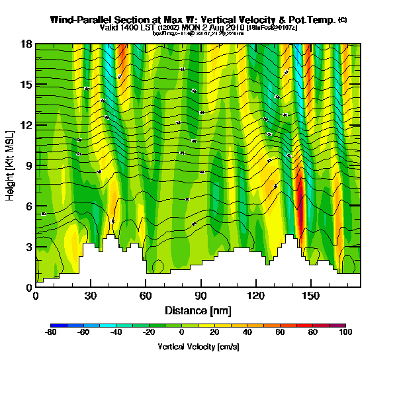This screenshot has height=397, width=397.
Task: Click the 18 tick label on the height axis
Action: click(26, 44)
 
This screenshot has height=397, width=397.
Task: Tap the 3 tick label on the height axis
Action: click(28, 247)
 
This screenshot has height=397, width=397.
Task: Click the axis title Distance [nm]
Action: click(198, 310)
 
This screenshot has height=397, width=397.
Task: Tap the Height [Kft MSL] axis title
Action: click(11, 165)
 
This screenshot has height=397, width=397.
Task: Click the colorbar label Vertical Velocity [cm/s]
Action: click(198, 347)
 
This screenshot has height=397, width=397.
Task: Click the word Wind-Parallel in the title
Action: click(77, 20)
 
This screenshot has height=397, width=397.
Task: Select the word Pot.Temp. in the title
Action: click(310, 20)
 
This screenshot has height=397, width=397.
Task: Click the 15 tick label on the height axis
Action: click(26, 85)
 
